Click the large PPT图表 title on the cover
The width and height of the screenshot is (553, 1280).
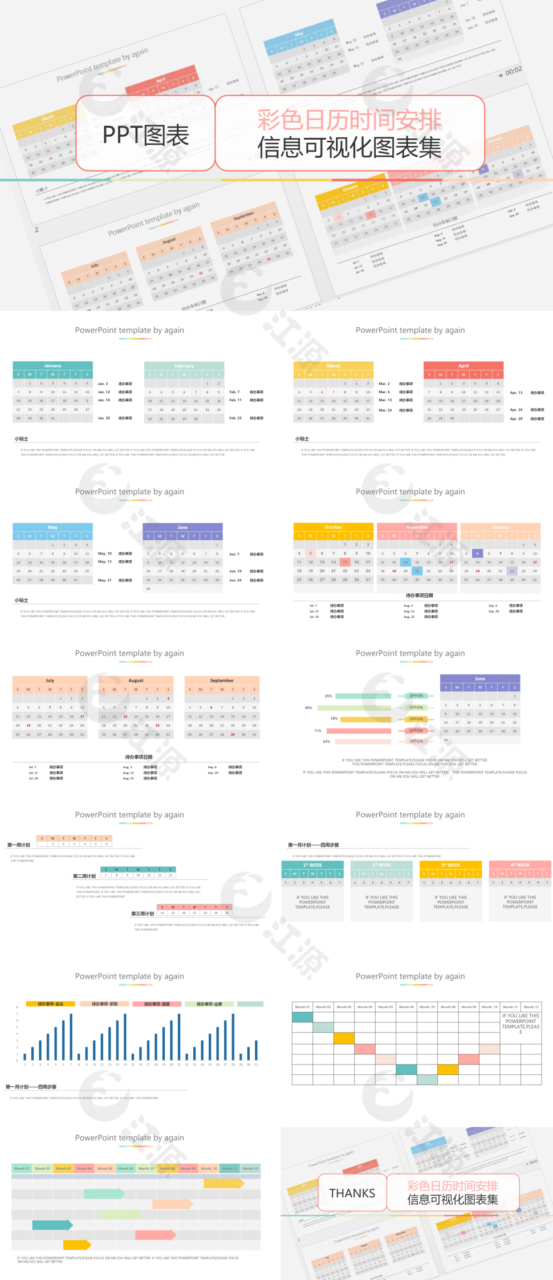pyautogui.click(x=145, y=135)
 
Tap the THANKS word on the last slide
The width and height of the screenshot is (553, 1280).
pyautogui.click(x=352, y=1193)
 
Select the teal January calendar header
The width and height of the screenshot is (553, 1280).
pyautogui.click(x=52, y=366)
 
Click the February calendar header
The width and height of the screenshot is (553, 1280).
pyautogui.click(x=184, y=366)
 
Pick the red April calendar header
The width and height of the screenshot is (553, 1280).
pyautogui.click(x=463, y=366)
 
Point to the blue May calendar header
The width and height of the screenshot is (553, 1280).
pyautogui.click(x=52, y=527)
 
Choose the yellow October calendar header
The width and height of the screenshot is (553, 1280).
pyautogui.click(x=334, y=527)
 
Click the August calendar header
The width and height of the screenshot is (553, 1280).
pyautogui.click(x=136, y=680)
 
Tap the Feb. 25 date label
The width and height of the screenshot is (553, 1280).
pyautogui.click(x=235, y=418)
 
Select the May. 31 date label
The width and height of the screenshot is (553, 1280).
pyautogui.click(x=105, y=580)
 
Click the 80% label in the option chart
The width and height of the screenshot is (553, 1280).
pyautogui.click(x=308, y=707)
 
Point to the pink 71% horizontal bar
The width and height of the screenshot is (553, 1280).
pyautogui.click(x=359, y=731)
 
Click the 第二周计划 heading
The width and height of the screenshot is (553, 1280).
pyautogui.click(x=84, y=876)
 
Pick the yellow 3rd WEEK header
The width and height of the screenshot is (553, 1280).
pyautogui.click(x=450, y=865)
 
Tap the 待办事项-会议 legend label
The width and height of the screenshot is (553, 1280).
pyautogui.click(x=51, y=1004)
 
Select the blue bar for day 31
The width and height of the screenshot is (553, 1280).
pyautogui.click(x=256, y=1050)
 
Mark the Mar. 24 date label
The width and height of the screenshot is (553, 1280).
pyautogui.click(x=385, y=410)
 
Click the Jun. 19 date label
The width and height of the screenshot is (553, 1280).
pyautogui.click(x=235, y=571)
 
